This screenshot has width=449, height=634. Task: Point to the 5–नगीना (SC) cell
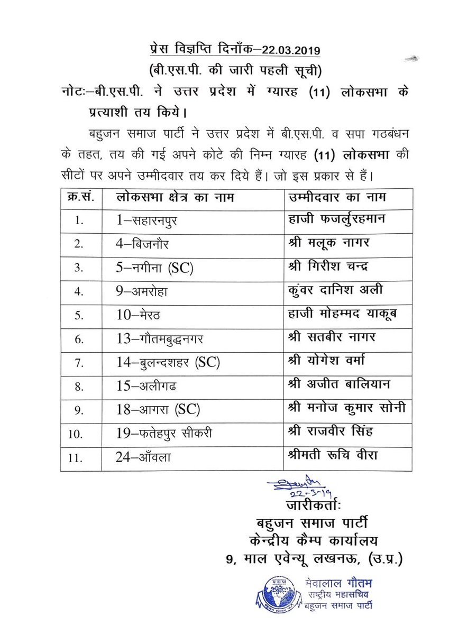pyautogui.click(x=155, y=267)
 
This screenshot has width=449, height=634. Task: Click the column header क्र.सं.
pyautogui.click(x=78, y=197)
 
